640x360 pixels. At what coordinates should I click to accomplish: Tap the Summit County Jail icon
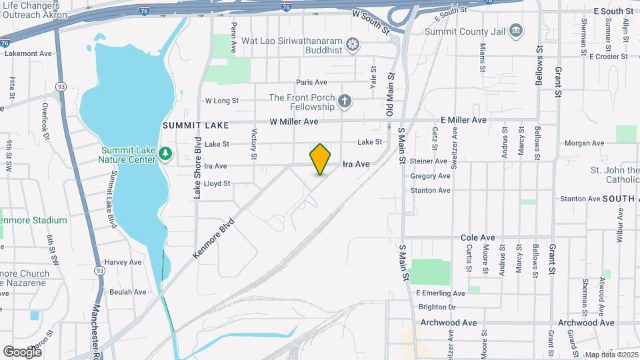tap(515, 31)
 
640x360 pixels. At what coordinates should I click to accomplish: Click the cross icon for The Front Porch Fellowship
tap(344, 101)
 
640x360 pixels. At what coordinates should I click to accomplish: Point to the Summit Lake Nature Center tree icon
tap(165, 154)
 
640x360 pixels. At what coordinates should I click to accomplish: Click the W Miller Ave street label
tap(294, 122)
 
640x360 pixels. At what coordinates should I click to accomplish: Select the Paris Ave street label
tap(312, 82)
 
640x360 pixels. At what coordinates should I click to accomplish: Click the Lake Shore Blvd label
tap(197, 167)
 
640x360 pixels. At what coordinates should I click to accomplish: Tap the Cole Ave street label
tap(478, 237)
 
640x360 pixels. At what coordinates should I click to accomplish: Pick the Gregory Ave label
tap(430, 176)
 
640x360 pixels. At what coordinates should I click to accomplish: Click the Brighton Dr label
tap(437, 307)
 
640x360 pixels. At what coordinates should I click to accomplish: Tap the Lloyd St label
tap(217, 183)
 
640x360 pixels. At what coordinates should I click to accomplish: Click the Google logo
tap(21, 351)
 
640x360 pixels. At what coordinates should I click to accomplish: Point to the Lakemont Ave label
tap(28, 53)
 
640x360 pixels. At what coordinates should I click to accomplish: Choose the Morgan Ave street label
tap(584, 143)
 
